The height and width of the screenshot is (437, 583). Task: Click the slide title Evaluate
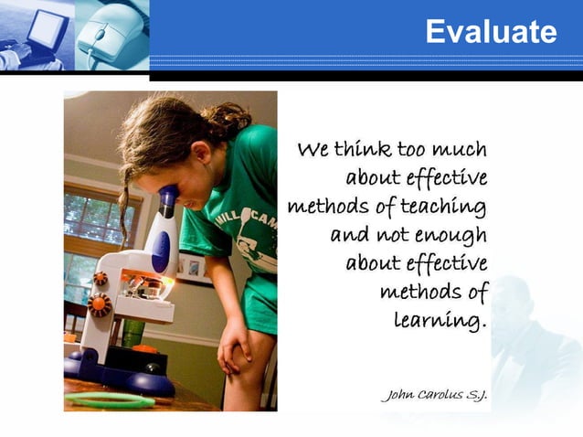point(491,33)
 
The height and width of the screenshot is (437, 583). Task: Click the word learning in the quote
point(440,321)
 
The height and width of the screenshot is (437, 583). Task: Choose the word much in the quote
point(460,149)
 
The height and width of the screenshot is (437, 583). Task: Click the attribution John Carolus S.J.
point(433,395)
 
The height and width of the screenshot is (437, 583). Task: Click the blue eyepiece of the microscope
point(167,197)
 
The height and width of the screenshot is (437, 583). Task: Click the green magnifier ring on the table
point(110,400)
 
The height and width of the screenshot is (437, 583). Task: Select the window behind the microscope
point(91,219)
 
